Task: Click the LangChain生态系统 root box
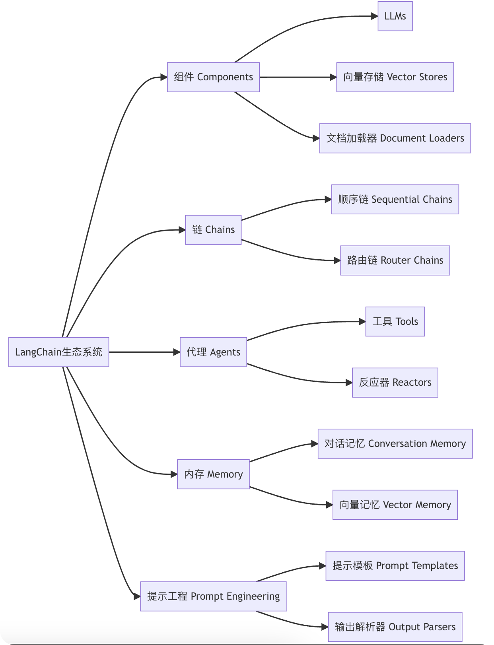58,352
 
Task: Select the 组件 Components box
213,77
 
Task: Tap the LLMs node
395,16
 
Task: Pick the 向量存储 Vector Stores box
395,77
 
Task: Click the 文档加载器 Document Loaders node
395,138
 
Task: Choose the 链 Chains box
213,230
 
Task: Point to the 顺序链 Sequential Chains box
395,199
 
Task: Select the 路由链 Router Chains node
395,260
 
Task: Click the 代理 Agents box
213,352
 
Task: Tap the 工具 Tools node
395,321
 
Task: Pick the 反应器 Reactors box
395,383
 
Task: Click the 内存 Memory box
213,474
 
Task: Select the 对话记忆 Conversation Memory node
395,444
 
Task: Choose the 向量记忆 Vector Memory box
395,505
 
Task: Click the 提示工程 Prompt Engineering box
213,596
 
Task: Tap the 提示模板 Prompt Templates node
395,566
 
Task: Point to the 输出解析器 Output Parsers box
395,627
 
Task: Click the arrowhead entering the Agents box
177,352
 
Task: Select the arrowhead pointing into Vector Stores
333,77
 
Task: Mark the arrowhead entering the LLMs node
374,16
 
